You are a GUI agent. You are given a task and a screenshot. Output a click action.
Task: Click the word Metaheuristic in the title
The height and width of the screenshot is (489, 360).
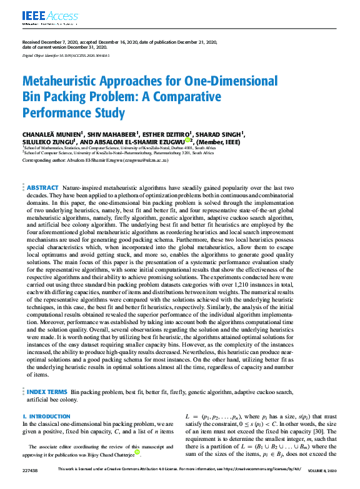point(67,82)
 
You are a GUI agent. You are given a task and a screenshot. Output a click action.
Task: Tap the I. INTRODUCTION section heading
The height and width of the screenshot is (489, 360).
point(45,415)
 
